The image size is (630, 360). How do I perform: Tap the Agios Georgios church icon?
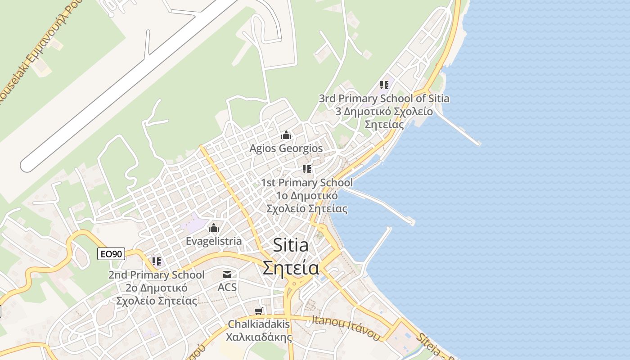(x=286, y=135)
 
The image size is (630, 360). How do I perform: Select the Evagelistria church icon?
(x=214, y=228)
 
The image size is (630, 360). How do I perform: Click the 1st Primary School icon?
(x=307, y=169)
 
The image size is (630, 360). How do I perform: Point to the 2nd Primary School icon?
(x=156, y=261)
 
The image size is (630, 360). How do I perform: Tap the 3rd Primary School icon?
(x=384, y=85)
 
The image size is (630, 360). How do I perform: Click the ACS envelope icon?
(x=227, y=274)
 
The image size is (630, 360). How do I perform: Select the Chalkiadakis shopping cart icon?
(x=258, y=311)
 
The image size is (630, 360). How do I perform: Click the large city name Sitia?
(x=291, y=246)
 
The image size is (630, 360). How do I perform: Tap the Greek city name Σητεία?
(x=291, y=268)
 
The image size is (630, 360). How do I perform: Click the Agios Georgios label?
(x=286, y=148)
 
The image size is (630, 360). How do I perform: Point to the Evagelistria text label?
(x=214, y=241)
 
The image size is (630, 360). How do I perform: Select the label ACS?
(x=227, y=287)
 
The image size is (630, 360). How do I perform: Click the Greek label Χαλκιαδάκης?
(x=259, y=337)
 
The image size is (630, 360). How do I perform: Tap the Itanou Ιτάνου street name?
(x=346, y=328)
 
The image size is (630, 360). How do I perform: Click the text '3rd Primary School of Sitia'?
(x=384, y=99)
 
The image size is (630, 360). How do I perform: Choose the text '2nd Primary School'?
(x=156, y=275)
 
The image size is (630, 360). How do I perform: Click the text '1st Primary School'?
(x=307, y=183)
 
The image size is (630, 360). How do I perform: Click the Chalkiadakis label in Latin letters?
(x=259, y=324)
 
